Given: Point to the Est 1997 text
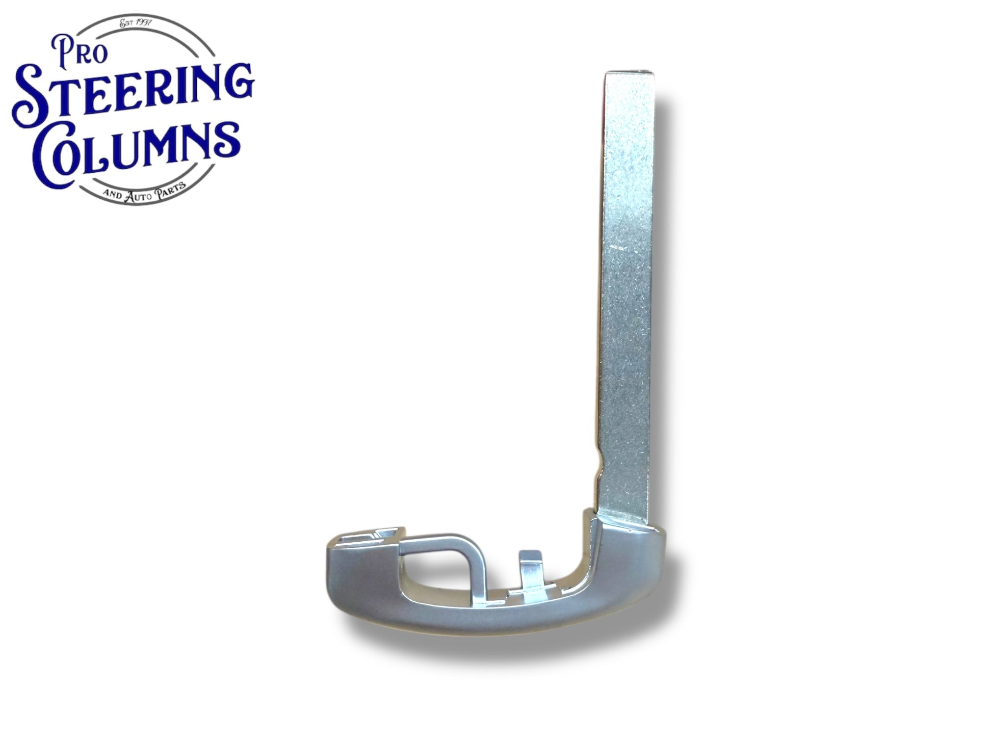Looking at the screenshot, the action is click(x=136, y=22).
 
